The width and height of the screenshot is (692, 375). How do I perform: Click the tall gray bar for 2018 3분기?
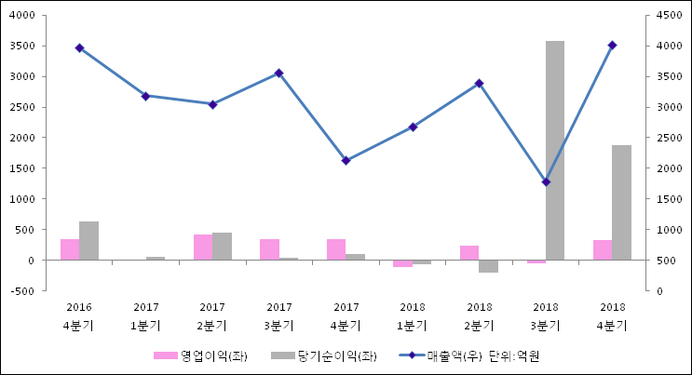point(555,150)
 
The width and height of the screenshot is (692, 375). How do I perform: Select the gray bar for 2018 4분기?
point(621,202)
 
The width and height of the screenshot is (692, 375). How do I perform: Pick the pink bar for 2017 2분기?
point(203,248)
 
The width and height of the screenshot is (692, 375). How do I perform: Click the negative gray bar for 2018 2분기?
point(488,266)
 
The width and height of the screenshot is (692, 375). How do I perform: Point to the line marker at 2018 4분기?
point(612,45)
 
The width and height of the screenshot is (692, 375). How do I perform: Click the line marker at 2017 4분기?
point(346,160)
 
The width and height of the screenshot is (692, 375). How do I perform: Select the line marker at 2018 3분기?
point(546,181)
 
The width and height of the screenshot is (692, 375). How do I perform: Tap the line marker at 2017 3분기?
point(279,73)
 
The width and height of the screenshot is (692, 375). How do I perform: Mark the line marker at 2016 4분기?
point(79,47)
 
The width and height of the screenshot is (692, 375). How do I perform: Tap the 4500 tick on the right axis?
point(670,16)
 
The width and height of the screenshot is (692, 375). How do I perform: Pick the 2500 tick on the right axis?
point(670,138)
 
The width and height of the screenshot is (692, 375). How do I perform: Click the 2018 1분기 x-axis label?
point(413,316)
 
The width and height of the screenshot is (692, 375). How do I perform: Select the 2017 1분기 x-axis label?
point(146,316)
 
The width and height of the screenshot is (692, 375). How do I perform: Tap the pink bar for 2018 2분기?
point(469,252)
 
